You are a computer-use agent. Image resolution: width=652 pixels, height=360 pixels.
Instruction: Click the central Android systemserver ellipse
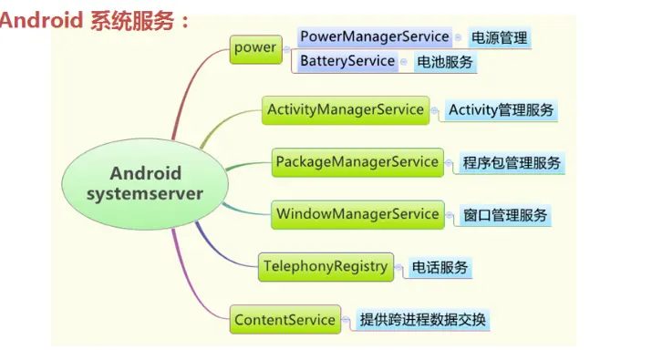pos(146,183)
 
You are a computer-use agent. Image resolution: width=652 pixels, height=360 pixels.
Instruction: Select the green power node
pos(254,48)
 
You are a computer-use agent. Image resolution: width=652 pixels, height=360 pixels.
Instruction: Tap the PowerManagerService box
pos(375,37)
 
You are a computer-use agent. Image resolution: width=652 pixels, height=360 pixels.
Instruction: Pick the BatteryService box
pos(347,62)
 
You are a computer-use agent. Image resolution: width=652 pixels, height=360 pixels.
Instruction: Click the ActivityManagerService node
pos(345,110)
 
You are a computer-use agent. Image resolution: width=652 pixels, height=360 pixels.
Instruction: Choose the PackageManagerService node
pos(357,162)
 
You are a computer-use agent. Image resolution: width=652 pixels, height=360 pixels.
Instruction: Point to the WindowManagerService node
pos(357,214)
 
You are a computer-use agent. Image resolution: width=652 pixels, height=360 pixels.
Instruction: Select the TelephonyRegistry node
pos(326,267)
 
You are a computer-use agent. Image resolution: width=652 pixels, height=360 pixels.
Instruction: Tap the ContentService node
pos(285,320)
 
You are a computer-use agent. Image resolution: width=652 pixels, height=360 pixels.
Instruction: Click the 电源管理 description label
pos(499,38)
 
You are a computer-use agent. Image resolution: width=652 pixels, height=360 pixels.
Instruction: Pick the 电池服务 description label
pos(444,63)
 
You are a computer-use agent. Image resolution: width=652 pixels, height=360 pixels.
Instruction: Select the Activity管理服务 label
pos(501,111)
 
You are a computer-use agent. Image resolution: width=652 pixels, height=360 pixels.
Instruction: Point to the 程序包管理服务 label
pos(511,163)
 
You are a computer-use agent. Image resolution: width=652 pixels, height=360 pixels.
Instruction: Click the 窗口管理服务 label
pos(505,216)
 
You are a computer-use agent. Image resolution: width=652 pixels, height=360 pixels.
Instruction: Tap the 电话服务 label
pos(440,268)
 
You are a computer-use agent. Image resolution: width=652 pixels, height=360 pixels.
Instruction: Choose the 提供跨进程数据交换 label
pos(423,320)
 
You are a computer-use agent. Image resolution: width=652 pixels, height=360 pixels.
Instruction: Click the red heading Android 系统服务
pos(95,20)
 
